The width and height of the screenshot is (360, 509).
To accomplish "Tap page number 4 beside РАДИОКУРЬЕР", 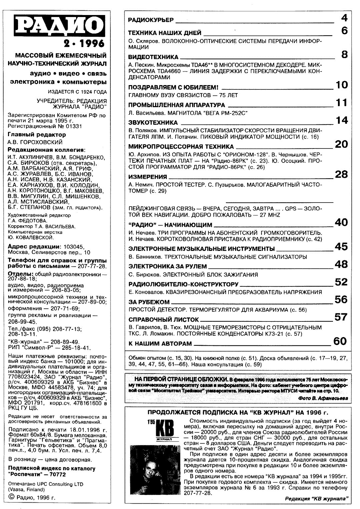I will [x=344, y=18].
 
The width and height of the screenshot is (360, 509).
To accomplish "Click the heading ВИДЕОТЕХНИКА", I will [x=153, y=57].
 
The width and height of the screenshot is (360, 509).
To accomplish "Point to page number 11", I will [x=342, y=103].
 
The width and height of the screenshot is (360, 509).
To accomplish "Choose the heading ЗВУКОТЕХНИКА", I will [x=153, y=122].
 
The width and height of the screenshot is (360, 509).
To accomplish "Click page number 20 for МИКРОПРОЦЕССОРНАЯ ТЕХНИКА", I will [x=341, y=144].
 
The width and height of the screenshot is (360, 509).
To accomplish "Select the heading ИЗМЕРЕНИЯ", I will [x=147, y=177].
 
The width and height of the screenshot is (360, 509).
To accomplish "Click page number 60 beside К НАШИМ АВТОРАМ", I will [x=340, y=341].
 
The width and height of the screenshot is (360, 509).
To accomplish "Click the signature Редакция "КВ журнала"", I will [x=317, y=499].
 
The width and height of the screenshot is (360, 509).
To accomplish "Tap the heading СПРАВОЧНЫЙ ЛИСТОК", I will [x=163, y=319].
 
